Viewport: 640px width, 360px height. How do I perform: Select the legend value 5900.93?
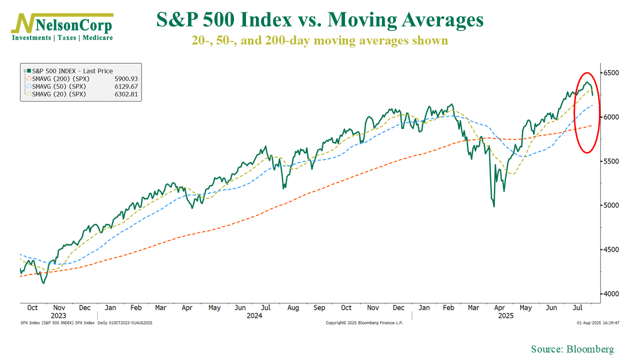coord(126,79)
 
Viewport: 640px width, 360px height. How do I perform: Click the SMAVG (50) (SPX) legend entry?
coord(58,86)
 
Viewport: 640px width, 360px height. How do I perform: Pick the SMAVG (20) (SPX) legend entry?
coord(58,94)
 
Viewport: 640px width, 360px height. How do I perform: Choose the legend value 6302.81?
coord(126,94)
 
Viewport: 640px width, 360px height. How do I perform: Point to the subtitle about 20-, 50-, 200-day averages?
coord(320,40)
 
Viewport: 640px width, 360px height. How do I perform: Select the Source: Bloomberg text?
coord(572,349)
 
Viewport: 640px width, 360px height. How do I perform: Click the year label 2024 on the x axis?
coord(254,316)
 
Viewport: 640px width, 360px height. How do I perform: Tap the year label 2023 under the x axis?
coord(58,316)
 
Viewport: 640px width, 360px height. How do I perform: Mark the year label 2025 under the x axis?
coord(505,316)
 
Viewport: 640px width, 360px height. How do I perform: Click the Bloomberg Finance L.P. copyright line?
coord(364,323)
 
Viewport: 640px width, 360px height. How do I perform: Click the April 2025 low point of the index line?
coord(494,206)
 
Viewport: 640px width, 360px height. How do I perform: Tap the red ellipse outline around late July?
coord(573,112)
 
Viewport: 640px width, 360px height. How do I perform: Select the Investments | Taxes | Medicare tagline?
coord(62,38)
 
